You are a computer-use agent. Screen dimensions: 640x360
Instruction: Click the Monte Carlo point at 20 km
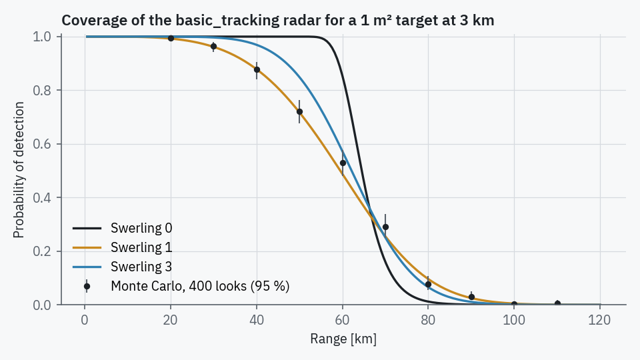pyautogui.click(x=171, y=39)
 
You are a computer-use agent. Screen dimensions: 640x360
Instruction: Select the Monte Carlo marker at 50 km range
pyautogui.click(x=299, y=112)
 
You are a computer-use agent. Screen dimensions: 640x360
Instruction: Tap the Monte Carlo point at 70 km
pyautogui.click(x=385, y=227)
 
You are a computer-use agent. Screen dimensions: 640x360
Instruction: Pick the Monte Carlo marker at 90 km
pyautogui.click(x=471, y=297)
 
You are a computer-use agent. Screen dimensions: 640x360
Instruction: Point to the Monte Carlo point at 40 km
pyautogui.click(x=257, y=70)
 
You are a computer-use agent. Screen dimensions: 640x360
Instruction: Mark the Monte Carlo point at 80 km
pyautogui.click(x=428, y=285)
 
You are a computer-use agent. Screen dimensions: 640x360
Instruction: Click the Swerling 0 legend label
pyautogui.click(x=141, y=228)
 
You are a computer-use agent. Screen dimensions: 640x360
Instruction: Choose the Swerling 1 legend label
pyautogui.click(x=141, y=247)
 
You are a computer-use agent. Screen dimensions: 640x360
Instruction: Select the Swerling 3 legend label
pyautogui.click(x=141, y=267)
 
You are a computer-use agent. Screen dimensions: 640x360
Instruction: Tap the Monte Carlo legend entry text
pyautogui.click(x=200, y=286)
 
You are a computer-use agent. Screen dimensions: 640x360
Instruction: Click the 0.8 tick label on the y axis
pyautogui.click(x=42, y=91)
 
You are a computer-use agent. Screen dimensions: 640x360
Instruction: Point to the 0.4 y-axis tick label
pyautogui.click(x=42, y=198)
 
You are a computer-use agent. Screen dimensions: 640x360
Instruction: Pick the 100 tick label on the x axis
pyautogui.click(x=514, y=320)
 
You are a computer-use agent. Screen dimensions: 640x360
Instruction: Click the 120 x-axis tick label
pyautogui.click(x=599, y=320)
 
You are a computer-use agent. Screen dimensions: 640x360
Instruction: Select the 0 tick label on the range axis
pyautogui.click(x=85, y=320)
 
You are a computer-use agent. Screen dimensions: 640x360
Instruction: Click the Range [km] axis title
pyautogui.click(x=343, y=339)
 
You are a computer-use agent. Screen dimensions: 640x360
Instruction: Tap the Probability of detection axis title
pyautogui.click(x=19, y=170)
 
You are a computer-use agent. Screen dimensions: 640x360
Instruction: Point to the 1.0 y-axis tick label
pyautogui.click(x=42, y=37)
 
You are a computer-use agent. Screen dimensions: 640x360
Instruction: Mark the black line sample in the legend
pyautogui.click(x=87, y=228)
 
